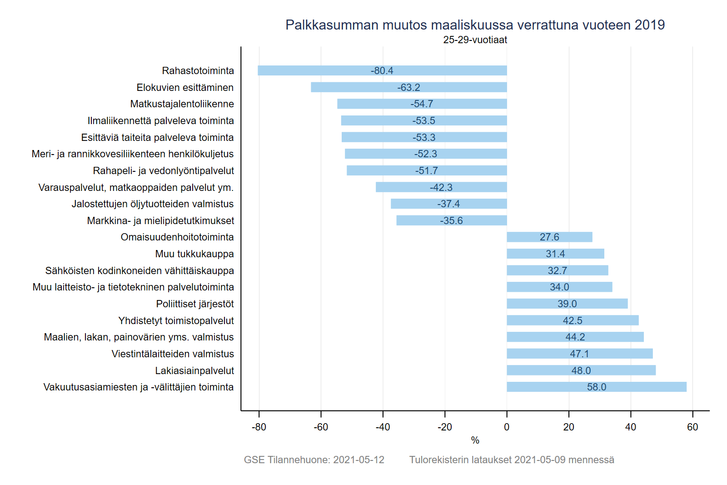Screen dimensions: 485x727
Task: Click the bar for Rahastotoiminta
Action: (318, 70)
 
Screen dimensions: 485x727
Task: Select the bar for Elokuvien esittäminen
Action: (354, 87)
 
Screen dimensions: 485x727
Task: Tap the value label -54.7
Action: (422, 104)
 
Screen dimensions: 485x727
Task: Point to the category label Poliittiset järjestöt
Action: (194, 304)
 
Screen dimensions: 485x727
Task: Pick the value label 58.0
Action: (596, 387)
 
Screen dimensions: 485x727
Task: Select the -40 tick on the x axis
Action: (383, 427)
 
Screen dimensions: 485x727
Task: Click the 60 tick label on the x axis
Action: (692, 427)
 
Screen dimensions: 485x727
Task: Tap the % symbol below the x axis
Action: (475, 440)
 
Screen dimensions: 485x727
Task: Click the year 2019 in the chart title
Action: (649, 25)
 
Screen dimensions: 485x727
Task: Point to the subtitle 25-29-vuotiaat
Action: (475, 40)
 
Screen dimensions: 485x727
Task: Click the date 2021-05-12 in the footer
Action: (359, 460)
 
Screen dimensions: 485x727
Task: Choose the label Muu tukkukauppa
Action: (194, 254)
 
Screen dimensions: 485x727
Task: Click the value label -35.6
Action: (451, 220)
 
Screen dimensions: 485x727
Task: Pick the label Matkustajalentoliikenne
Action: (182, 104)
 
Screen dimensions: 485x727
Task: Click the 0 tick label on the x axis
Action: (507, 427)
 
